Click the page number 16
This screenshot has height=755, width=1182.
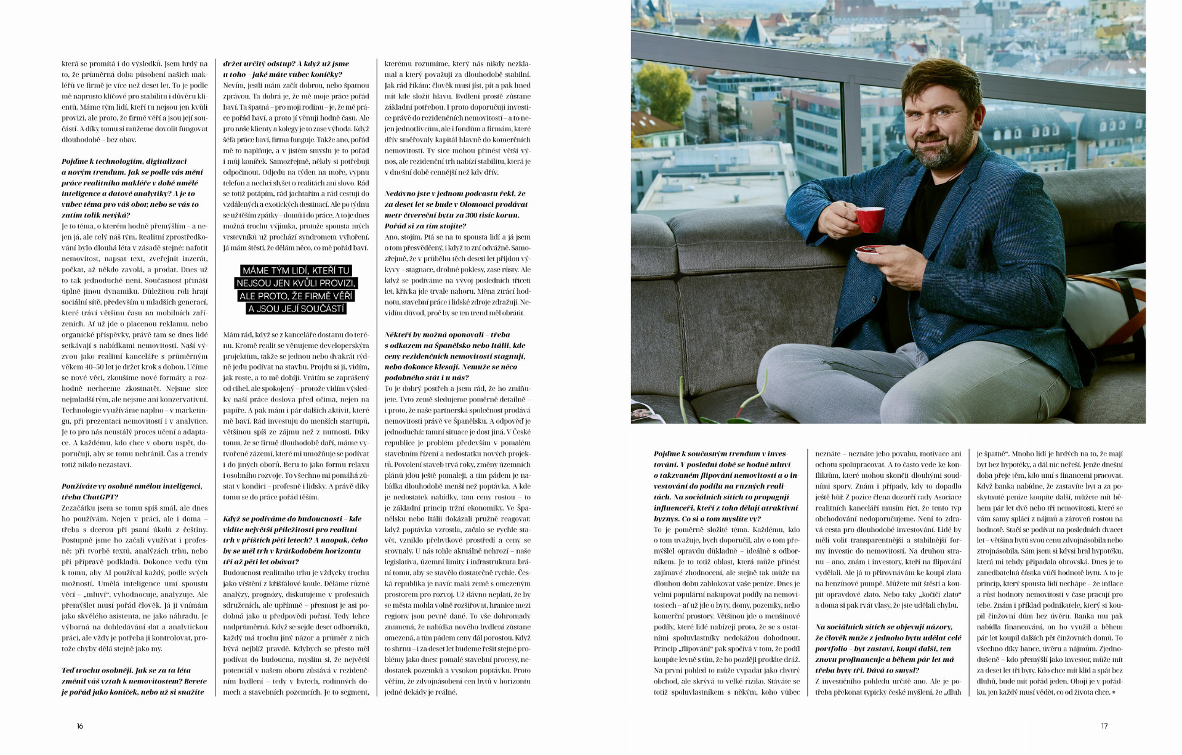pos(80,726)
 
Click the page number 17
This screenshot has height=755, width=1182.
pos(1104,726)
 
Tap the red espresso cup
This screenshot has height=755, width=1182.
pos(869,219)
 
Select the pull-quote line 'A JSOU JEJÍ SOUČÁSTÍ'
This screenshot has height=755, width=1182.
pos(296,309)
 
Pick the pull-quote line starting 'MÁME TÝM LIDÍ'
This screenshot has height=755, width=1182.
pos(296,270)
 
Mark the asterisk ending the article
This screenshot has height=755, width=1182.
pos(1115,692)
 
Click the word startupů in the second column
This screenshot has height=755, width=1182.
pos(353,421)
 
